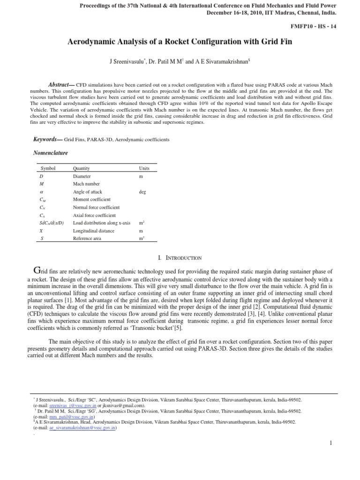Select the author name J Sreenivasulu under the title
(x=127, y=62)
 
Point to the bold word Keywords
(x=46, y=140)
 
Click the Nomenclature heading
(x=51, y=153)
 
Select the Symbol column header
(x=48, y=168)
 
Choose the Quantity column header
(x=81, y=168)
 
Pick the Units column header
(x=144, y=168)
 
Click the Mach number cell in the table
(x=84, y=184)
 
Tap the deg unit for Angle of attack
(x=142, y=192)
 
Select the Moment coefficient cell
(x=91, y=200)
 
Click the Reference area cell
(x=87, y=239)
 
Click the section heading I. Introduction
(x=180, y=258)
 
